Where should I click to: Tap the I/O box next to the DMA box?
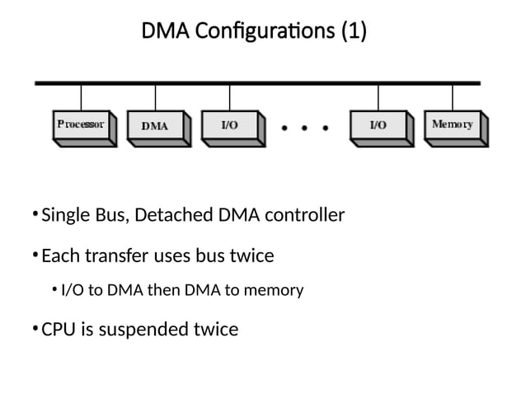[232, 126]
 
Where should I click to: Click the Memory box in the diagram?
[453, 126]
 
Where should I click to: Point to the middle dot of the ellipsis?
[306, 128]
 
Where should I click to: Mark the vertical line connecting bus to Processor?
[81, 97]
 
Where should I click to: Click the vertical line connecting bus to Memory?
[452, 97]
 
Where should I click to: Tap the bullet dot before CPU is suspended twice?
[34, 329]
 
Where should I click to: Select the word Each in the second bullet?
[59, 256]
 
